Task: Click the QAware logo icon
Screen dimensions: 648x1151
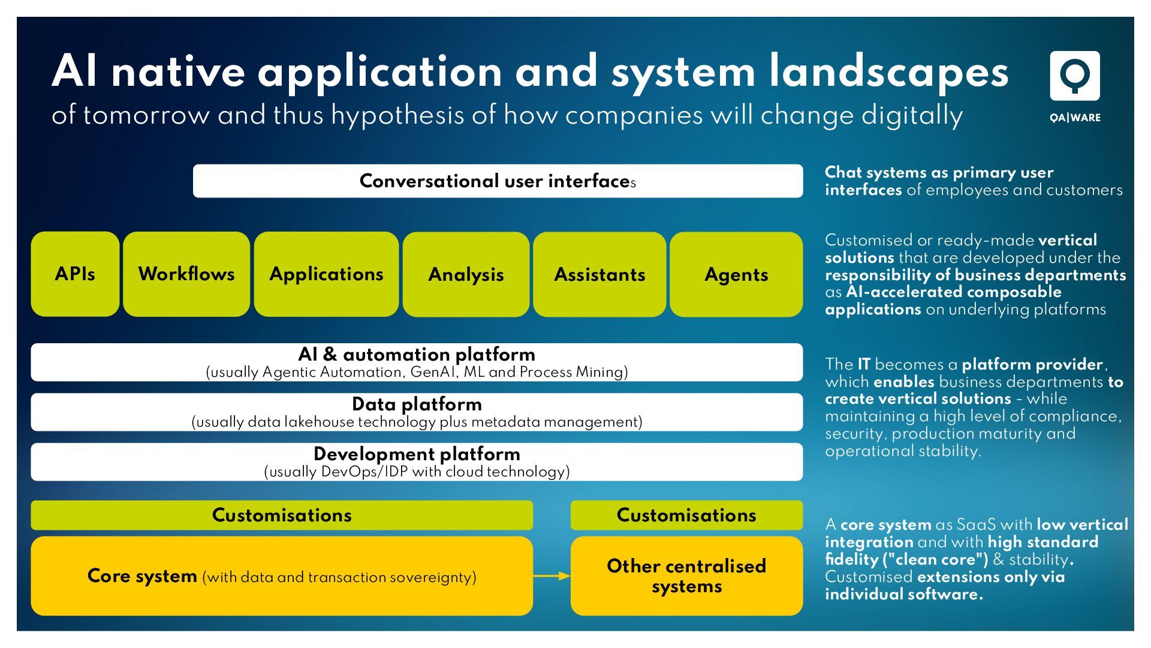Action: pos(1074,76)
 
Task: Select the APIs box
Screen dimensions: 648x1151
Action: pos(75,274)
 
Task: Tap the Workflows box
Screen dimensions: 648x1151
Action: pos(186,274)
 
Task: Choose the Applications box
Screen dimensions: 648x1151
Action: pos(326,274)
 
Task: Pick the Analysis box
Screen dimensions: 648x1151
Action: pos(466,275)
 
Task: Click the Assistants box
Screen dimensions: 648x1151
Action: pos(599,275)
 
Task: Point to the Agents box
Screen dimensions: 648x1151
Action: pos(736,275)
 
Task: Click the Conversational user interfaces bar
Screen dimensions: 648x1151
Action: pos(498,181)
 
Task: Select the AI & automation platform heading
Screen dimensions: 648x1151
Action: pos(417,354)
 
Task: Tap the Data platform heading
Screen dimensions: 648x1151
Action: pos(417,404)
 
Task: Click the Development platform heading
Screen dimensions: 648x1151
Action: pos(417,454)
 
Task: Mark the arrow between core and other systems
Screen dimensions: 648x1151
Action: pos(552,576)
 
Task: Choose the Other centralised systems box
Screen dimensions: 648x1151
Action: pos(686,576)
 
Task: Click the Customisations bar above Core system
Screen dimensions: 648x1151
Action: pos(282,515)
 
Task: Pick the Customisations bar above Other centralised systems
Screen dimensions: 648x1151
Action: pos(686,515)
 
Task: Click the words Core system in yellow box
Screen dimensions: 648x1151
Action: pos(142,576)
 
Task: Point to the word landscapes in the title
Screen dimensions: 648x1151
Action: pos(889,72)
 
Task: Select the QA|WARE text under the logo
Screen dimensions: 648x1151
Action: pos(1075,118)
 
